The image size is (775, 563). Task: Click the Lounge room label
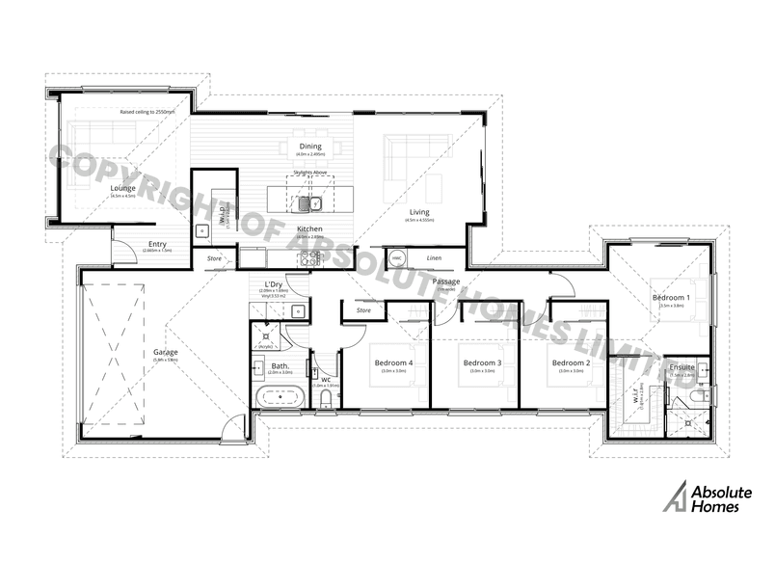point(122,187)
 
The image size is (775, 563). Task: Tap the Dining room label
point(309,146)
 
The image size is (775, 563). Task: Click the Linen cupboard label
point(435,258)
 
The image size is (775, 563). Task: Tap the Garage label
point(165,352)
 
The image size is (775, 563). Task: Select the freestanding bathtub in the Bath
point(279,396)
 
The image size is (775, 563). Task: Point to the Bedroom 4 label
point(393,362)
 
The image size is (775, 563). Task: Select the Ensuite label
point(681,367)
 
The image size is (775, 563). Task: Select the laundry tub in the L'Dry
point(299,310)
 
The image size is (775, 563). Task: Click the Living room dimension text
point(419,221)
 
